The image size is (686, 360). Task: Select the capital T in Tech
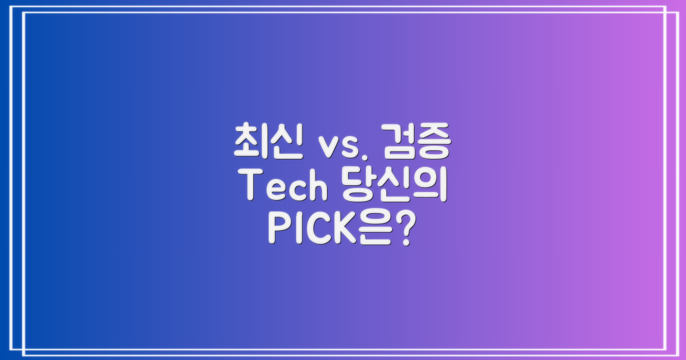(252, 186)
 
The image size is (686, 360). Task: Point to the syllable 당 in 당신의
(351, 187)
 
